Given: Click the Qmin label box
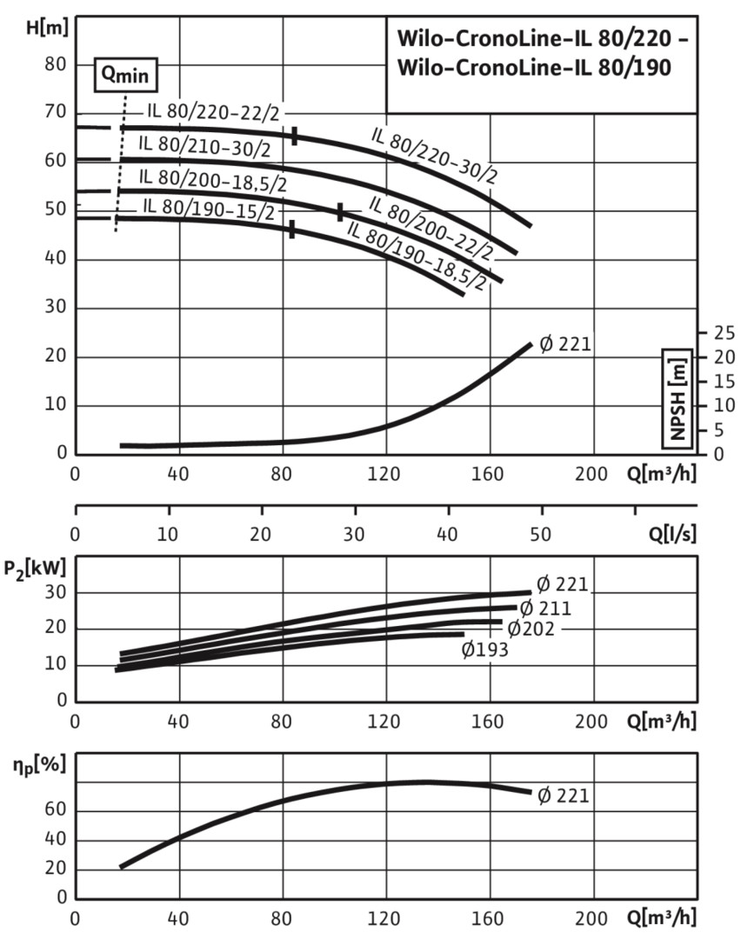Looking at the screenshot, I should [126, 75].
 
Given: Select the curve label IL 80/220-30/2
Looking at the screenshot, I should [435, 156].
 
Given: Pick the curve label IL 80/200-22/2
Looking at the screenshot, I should [431, 228].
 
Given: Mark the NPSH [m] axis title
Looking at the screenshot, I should [678, 396].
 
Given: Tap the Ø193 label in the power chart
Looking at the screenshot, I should [485, 648].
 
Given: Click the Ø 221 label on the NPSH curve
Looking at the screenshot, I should [565, 344].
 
